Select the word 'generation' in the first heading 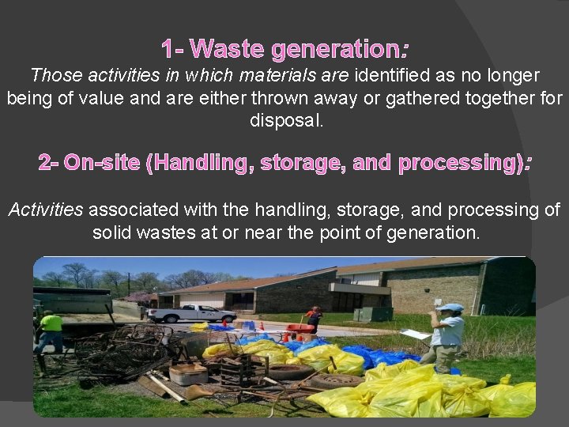333,50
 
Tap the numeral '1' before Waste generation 167,50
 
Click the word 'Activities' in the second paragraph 45,210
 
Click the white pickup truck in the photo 191,313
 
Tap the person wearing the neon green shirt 52,330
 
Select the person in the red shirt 316,318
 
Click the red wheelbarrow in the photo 300,327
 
